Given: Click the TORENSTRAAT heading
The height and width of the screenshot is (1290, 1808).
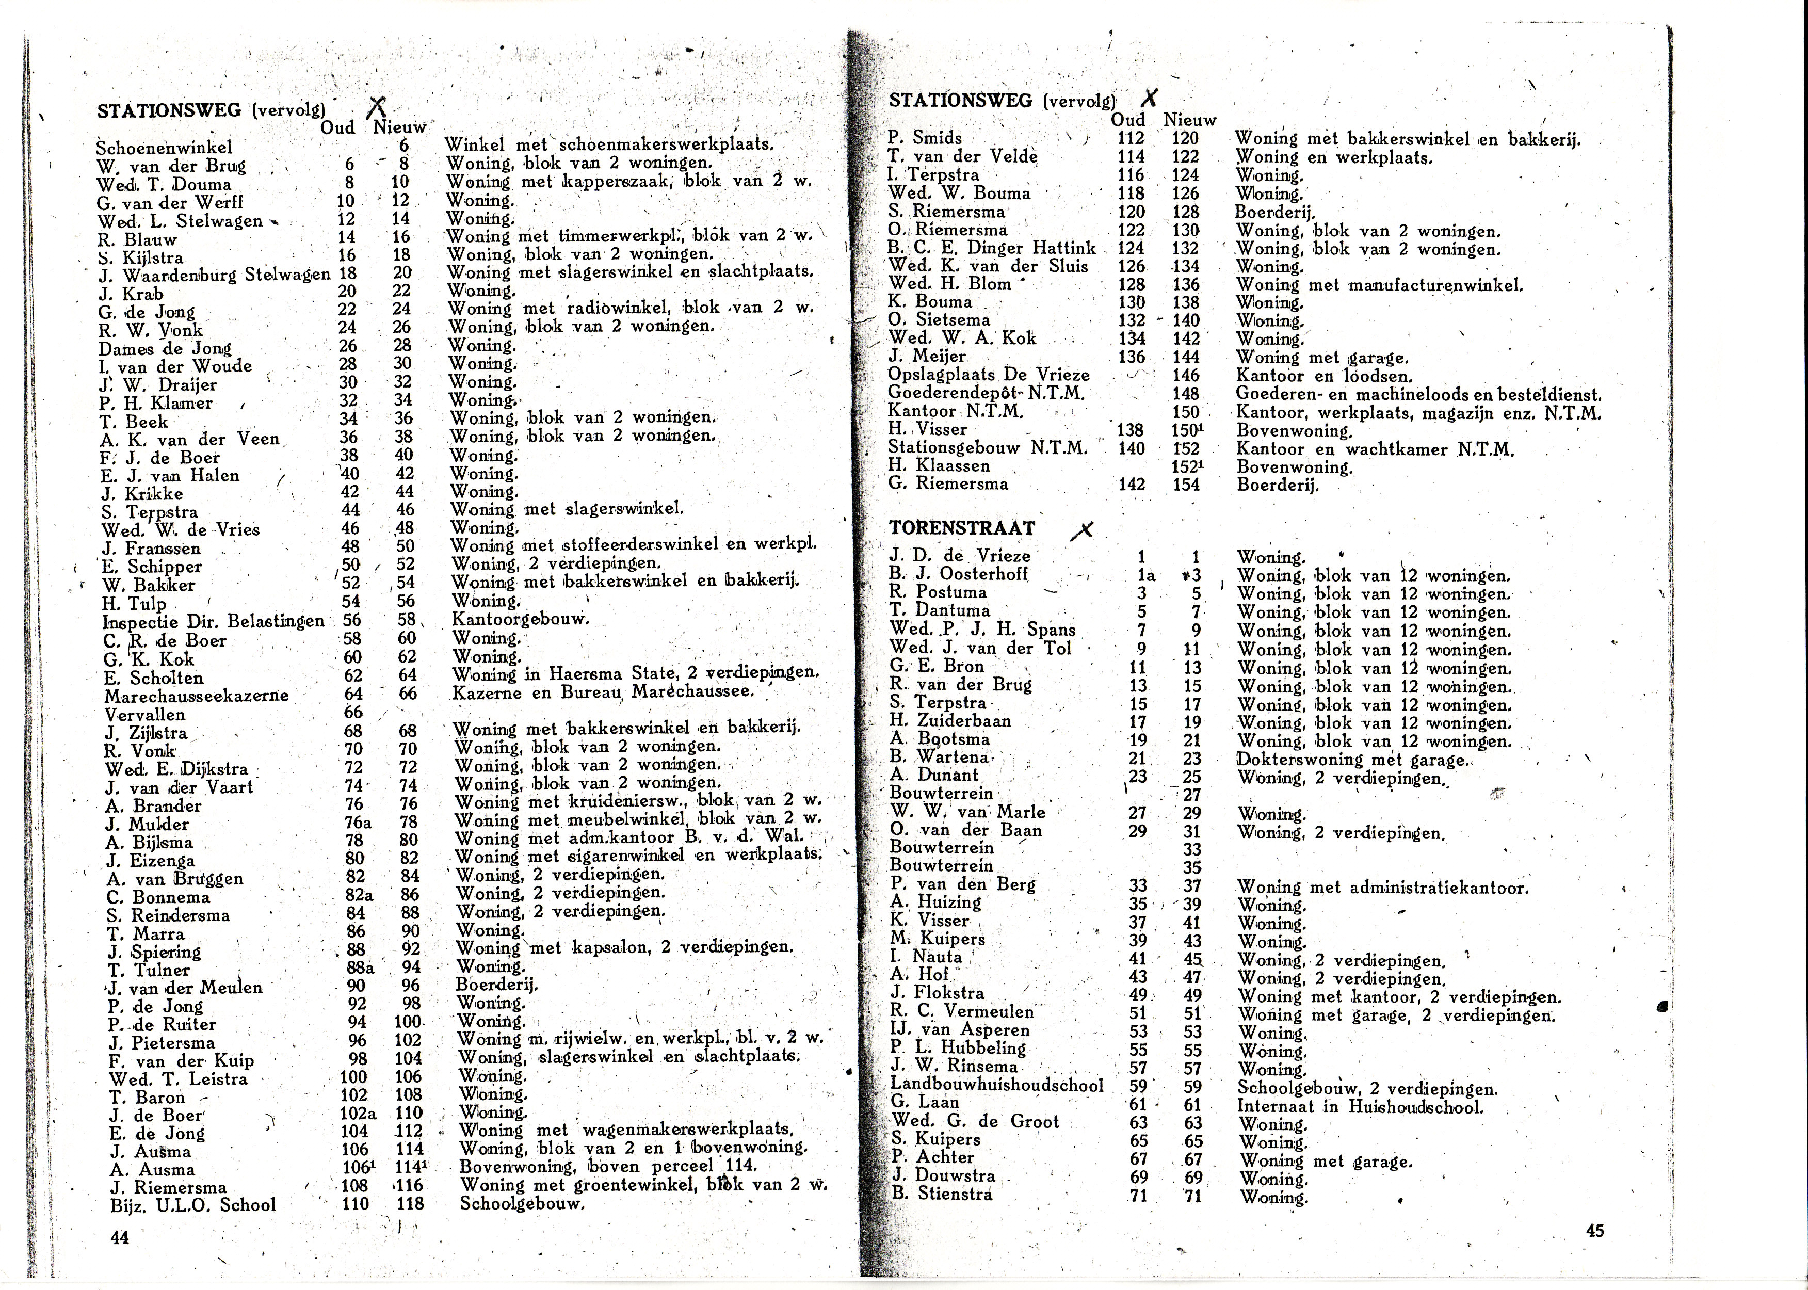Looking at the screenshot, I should click(961, 529).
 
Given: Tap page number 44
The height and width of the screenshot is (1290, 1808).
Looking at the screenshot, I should click(120, 1237).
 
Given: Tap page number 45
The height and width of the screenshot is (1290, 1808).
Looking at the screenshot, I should click(1594, 1231).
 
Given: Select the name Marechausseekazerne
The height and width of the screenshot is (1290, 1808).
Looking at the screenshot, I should click(196, 696).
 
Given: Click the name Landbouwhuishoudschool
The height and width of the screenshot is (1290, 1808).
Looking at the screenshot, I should click(996, 1085).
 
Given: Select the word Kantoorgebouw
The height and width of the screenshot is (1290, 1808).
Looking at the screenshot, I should click(520, 619).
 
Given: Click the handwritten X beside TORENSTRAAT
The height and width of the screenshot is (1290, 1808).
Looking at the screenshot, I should click(1082, 530).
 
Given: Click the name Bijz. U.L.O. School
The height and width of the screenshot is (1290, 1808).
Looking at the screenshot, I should click(193, 1205).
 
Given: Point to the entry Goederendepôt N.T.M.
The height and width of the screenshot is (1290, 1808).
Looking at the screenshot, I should click(986, 393).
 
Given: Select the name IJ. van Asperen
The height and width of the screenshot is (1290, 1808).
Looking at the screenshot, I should click(960, 1030).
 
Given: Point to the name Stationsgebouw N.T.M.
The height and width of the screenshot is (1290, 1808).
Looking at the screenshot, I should click(988, 448).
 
